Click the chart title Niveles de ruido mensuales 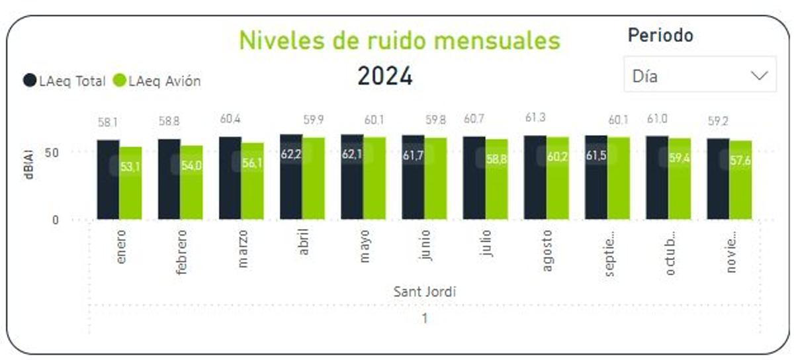click(399, 40)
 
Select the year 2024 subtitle click(385, 76)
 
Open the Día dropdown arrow click(758, 75)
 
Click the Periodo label click(660, 35)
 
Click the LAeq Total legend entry click(65, 81)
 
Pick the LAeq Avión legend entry click(157, 81)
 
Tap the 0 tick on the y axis click(56, 220)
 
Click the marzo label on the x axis click(243, 249)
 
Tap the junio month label click(425, 246)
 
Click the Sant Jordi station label click(425, 291)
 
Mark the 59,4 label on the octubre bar click(680, 158)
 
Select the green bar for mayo click(375, 179)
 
